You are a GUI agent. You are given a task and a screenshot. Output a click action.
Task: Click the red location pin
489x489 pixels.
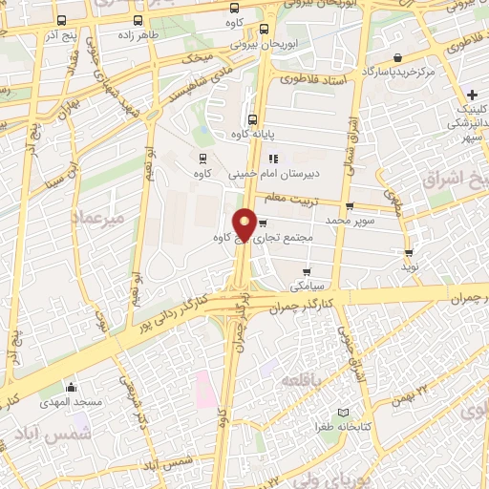(x=245, y=224)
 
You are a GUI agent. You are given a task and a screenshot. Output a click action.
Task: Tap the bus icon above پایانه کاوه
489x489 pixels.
(x=252, y=120)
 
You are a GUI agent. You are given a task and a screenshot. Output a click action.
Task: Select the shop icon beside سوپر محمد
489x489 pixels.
(x=350, y=204)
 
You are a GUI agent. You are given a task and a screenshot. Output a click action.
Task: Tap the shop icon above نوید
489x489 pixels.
(x=410, y=254)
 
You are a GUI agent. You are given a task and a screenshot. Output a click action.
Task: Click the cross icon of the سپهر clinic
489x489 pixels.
(x=473, y=96)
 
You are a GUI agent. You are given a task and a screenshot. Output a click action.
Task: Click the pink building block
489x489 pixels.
(x=203, y=390)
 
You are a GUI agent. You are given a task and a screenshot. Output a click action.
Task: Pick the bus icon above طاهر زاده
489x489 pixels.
(x=139, y=20)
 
